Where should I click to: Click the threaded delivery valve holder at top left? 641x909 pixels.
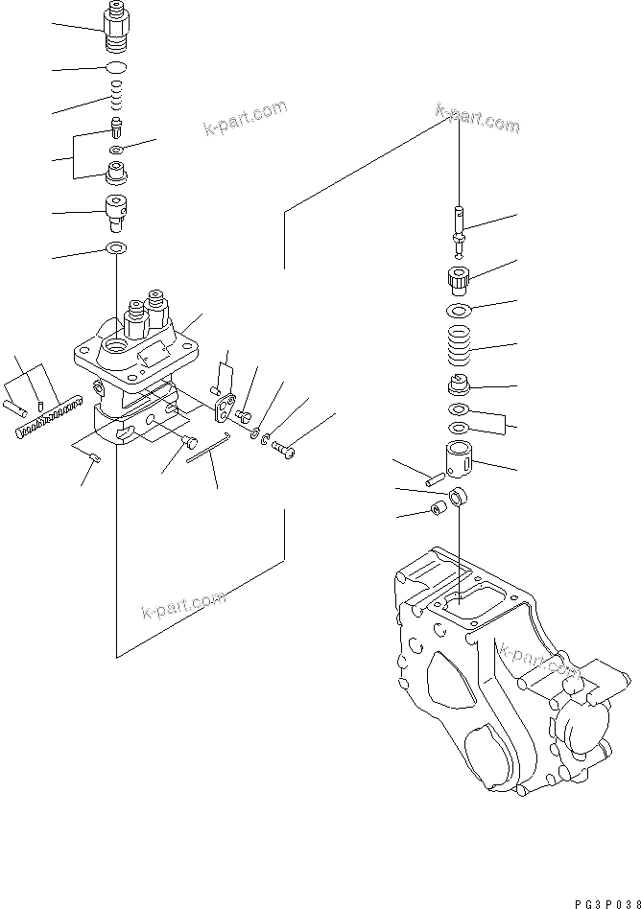(x=116, y=28)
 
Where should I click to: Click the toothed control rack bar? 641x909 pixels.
(x=46, y=420)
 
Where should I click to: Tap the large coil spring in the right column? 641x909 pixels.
(x=460, y=344)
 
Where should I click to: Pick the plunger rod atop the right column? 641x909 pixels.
(x=460, y=230)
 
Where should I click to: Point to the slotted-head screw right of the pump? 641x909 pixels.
(x=285, y=445)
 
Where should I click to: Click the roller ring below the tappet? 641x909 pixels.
(x=460, y=497)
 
